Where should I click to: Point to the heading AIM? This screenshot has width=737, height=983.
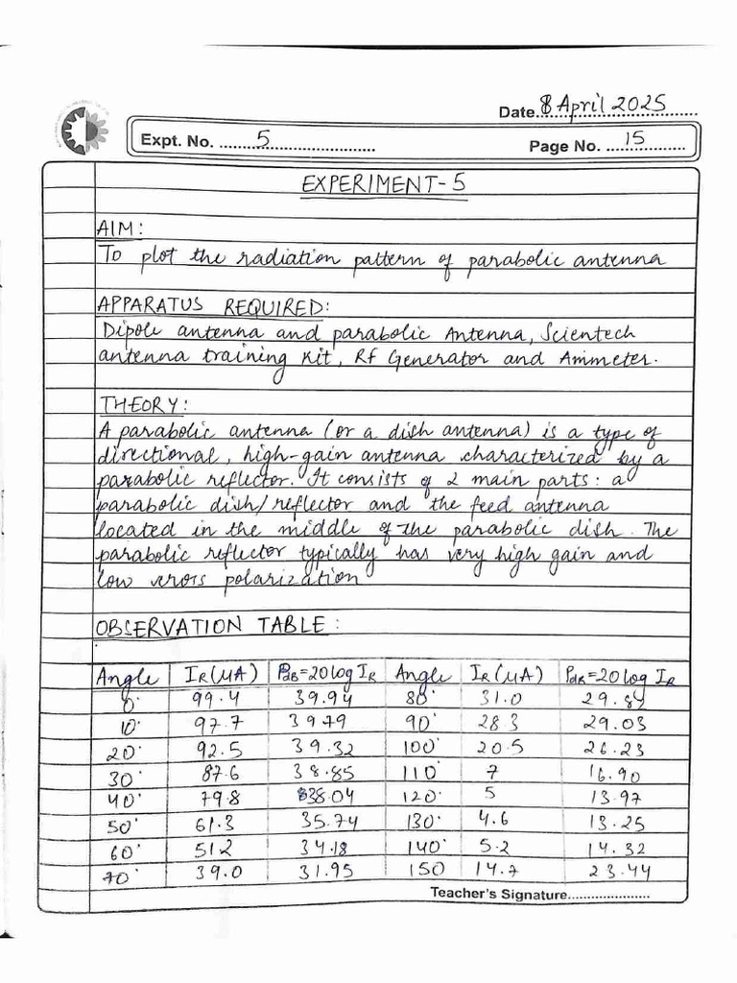(x=120, y=229)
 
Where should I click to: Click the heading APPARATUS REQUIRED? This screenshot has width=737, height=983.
(x=212, y=306)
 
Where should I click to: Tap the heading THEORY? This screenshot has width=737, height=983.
(x=134, y=404)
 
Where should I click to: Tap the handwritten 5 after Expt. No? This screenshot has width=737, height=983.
(x=262, y=139)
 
